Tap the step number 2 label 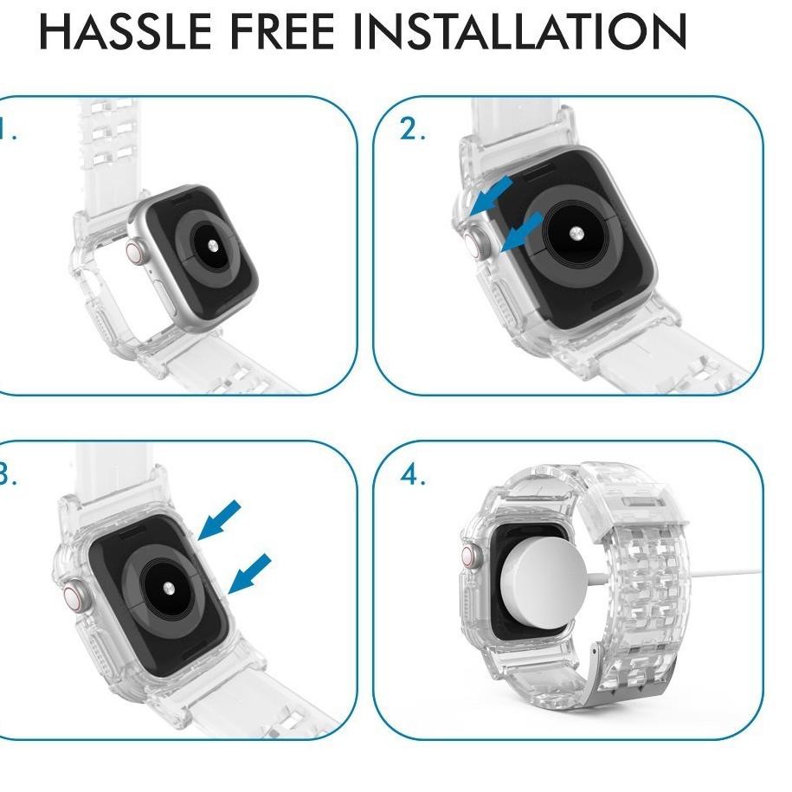410,130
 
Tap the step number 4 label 411,475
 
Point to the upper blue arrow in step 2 491,197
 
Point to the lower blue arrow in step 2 522,232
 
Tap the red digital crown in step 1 136,252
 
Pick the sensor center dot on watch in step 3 168,588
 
